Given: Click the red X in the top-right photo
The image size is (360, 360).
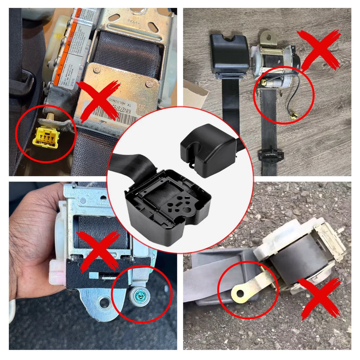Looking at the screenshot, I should (x=319, y=49).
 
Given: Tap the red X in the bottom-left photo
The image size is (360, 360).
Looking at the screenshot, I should (x=98, y=249).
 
